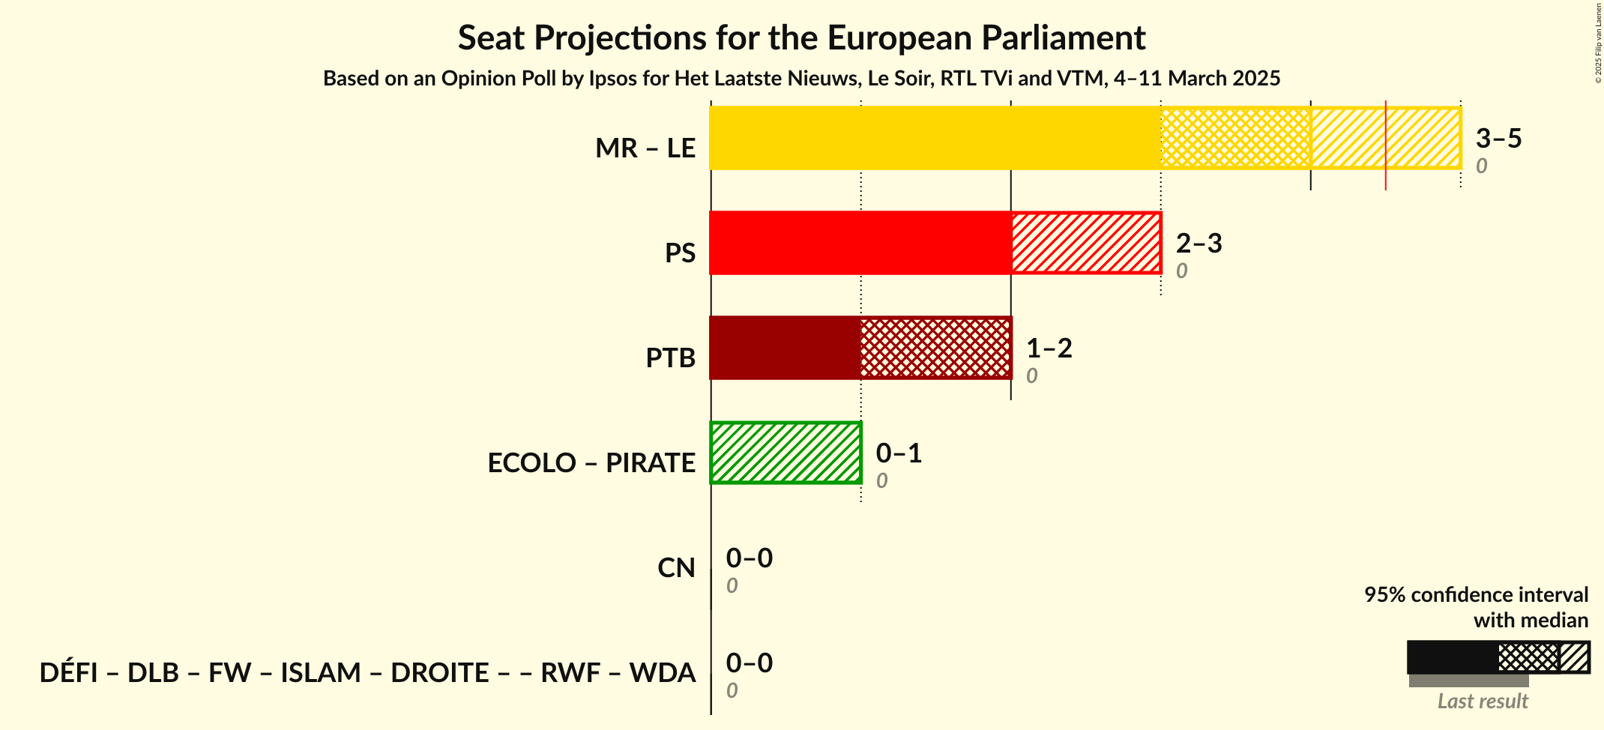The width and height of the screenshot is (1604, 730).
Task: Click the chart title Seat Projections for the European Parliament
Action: point(801,37)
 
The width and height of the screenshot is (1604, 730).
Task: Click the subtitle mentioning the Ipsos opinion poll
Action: point(801,79)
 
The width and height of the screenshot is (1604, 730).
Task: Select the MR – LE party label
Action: point(645,148)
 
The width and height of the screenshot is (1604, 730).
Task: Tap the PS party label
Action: point(680,253)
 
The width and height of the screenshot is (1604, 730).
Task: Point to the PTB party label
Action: point(670,358)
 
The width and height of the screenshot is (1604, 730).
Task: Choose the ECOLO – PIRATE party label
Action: point(591,463)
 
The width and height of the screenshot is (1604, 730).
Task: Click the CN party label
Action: point(676,568)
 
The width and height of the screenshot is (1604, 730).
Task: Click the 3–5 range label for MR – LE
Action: point(1498,139)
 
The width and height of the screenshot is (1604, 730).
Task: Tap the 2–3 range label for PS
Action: point(1199,244)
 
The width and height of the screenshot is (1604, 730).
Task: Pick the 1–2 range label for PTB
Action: point(1049,349)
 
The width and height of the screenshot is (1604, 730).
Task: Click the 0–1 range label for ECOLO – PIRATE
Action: point(899,453)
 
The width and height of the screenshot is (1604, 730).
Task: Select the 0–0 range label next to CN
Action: point(749,558)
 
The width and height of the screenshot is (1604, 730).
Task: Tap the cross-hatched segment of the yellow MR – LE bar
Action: point(1235,138)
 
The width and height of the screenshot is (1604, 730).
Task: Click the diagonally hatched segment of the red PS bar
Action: point(1085,243)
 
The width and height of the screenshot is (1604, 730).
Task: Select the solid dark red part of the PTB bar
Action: point(785,348)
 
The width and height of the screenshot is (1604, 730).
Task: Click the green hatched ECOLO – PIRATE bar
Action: point(786,453)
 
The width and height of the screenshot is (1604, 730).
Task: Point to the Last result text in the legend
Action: point(1482,702)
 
